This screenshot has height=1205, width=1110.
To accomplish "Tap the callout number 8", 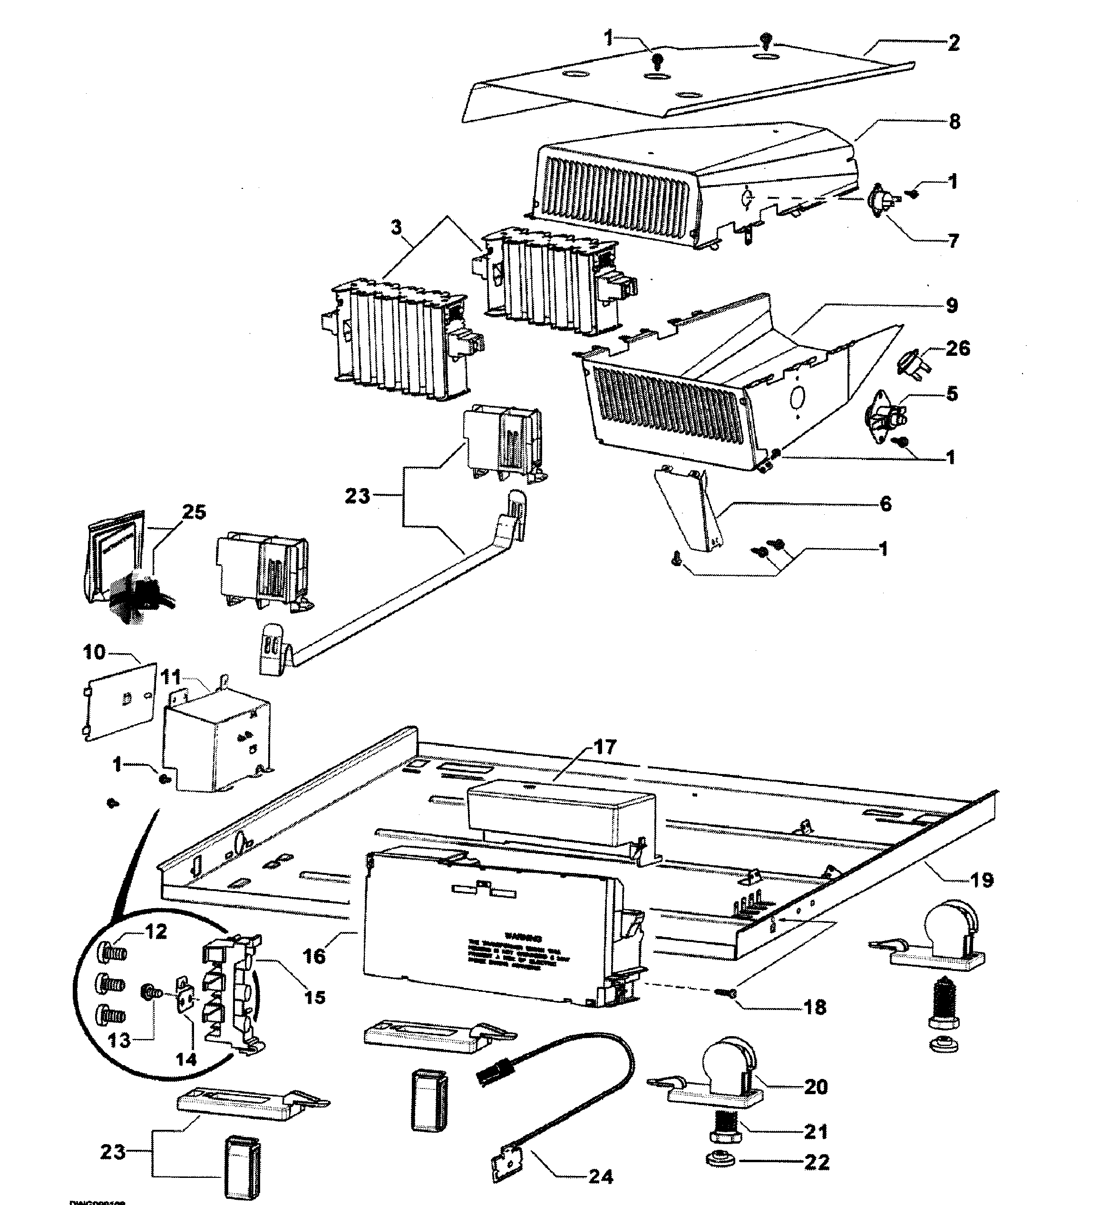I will coord(954,122).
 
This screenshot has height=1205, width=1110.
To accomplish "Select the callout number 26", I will coord(957,348).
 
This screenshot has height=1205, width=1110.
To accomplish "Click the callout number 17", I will coord(605,747).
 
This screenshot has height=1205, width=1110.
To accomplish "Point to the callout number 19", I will coord(982,881).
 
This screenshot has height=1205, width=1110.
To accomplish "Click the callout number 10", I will coord(94,652).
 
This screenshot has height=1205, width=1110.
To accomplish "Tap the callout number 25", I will coord(194,512).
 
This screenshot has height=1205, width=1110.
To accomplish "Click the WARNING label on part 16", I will coord(523,938).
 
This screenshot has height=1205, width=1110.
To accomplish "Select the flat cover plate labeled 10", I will coord(118,702).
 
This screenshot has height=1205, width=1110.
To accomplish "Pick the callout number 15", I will coord(314,998).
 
